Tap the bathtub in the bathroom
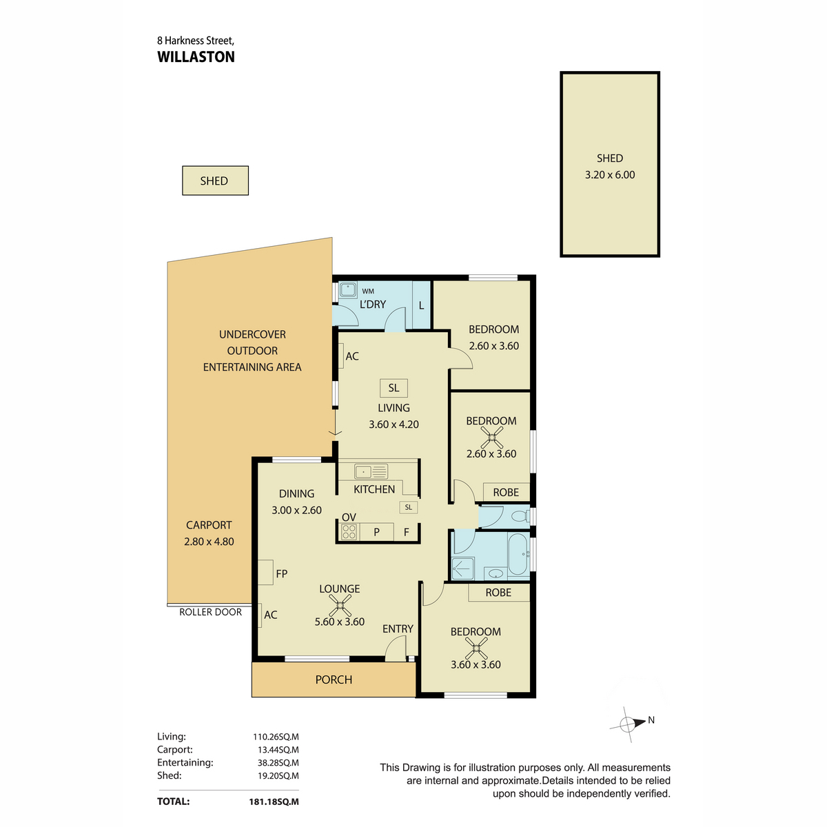tap(518, 553)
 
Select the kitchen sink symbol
tap(371, 471)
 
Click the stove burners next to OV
tap(349, 532)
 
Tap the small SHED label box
tap(215, 181)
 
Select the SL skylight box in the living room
tap(394, 388)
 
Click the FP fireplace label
tap(282, 574)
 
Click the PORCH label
tap(334, 680)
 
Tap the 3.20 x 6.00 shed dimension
tap(610, 174)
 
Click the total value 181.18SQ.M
tap(274, 802)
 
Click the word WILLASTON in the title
tap(196, 57)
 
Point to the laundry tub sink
tap(348, 289)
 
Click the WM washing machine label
tap(368, 291)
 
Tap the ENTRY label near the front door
tap(398, 629)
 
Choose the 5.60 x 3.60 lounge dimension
tap(340, 622)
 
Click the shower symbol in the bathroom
tap(462, 569)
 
